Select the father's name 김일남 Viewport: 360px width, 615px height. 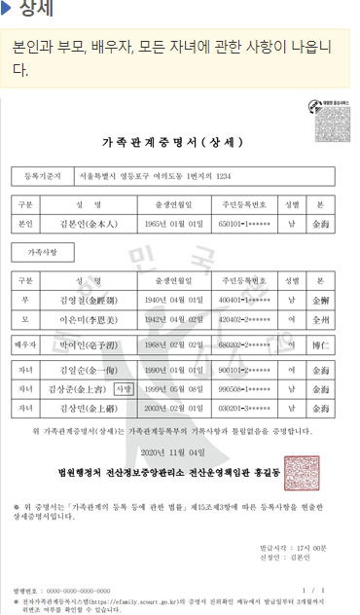pyautogui.click(x=89, y=299)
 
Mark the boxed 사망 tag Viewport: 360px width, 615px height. pyautogui.click(x=124, y=388)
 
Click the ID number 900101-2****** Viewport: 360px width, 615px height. pyautogui.click(x=244, y=371)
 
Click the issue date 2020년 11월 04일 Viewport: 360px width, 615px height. pyautogui.click(x=173, y=452)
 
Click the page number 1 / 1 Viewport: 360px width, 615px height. pyautogui.click(x=315, y=590)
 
